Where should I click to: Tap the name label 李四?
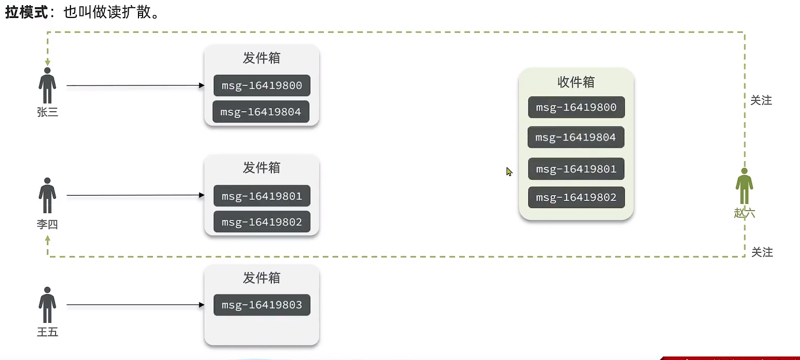(x=47, y=225)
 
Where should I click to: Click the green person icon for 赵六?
(x=744, y=186)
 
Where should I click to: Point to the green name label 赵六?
(x=744, y=213)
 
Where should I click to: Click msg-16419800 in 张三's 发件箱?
(x=262, y=85)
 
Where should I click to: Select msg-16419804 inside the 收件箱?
(x=576, y=138)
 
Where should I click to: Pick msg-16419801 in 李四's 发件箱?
(x=262, y=196)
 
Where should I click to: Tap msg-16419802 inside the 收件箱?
(x=576, y=197)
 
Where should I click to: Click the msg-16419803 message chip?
(x=262, y=305)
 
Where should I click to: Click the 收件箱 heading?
(x=576, y=82)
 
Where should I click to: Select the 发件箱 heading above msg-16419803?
(x=262, y=278)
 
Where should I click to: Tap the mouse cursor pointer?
(x=509, y=172)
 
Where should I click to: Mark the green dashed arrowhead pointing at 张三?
(x=47, y=62)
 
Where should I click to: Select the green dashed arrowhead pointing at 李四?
(x=47, y=239)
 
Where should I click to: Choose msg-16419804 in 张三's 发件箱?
(x=260, y=112)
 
